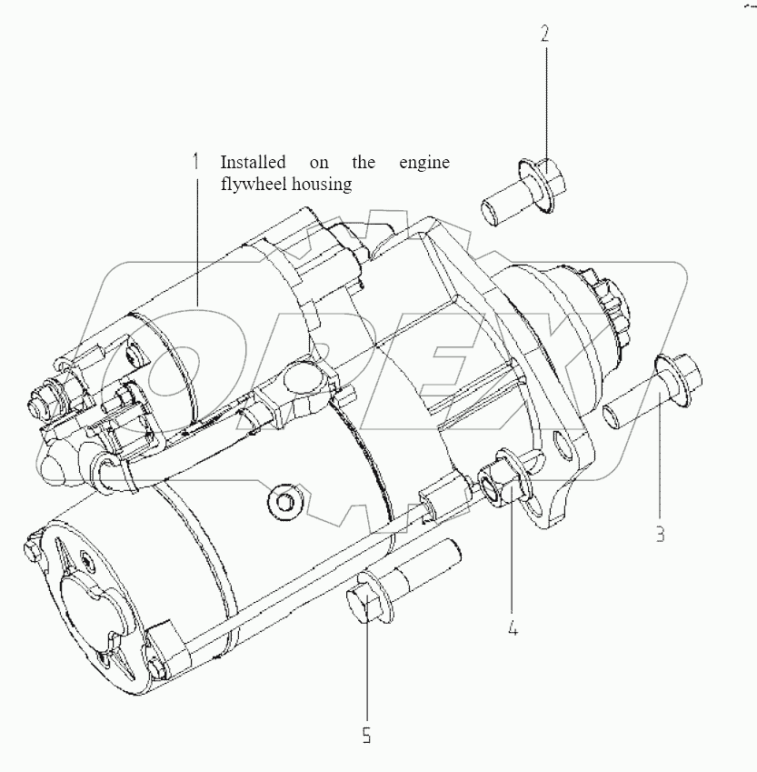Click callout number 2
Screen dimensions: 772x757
coord(545,35)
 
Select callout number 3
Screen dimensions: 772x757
coord(661,534)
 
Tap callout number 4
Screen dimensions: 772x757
coord(513,627)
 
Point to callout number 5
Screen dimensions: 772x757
coord(367,735)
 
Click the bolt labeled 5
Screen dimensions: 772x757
coord(382,591)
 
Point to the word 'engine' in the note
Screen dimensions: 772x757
coord(424,163)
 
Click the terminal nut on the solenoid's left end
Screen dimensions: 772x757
coord(43,397)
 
